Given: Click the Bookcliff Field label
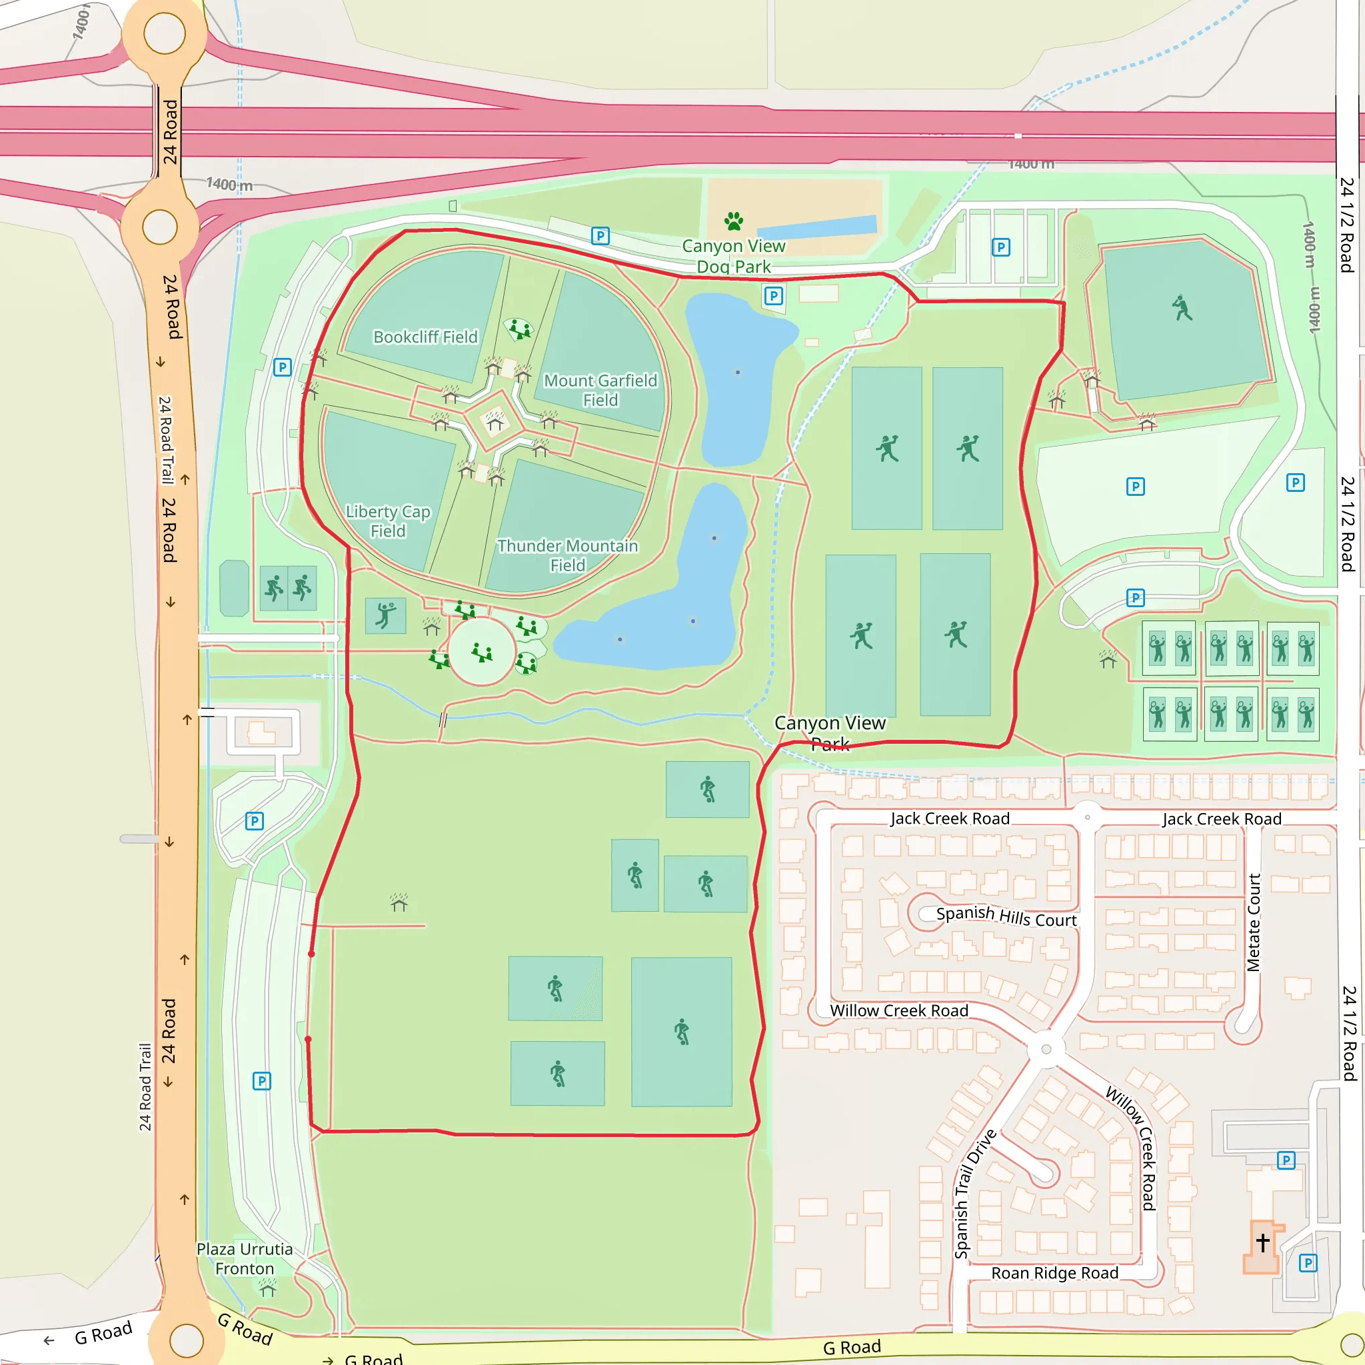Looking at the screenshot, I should pyautogui.click(x=425, y=337).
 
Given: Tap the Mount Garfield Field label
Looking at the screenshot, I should pyautogui.click(x=600, y=390).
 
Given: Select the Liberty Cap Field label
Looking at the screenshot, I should pyautogui.click(x=388, y=521).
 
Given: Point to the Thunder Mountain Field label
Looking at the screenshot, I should pyautogui.click(x=567, y=555).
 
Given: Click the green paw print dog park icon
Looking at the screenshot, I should pyautogui.click(x=733, y=221).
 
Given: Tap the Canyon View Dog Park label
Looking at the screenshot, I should pyautogui.click(x=733, y=256).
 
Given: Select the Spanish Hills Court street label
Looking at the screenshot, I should pyautogui.click(x=1006, y=916).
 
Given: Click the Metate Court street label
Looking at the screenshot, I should pyautogui.click(x=1254, y=922).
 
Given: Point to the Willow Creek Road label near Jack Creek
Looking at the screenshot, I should pyautogui.click(x=898, y=1010).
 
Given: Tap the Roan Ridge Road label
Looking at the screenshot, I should pyautogui.click(x=1054, y=1272).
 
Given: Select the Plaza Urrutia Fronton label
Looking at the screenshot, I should pyautogui.click(x=245, y=1258).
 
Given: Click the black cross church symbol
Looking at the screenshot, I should pyautogui.click(x=1262, y=1241).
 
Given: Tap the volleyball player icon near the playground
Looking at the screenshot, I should pyautogui.click(x=385, y=615).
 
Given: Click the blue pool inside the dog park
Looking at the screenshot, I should pyautogui.click(x=817, y=227).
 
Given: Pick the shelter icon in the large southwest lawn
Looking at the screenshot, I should pyautogui.click(x=399, y=902).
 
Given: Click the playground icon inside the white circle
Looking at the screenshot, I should pyautogui.click(x=482, y=652).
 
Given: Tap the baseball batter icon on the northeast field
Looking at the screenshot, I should pyautogui.click(x=1182, y=308).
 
